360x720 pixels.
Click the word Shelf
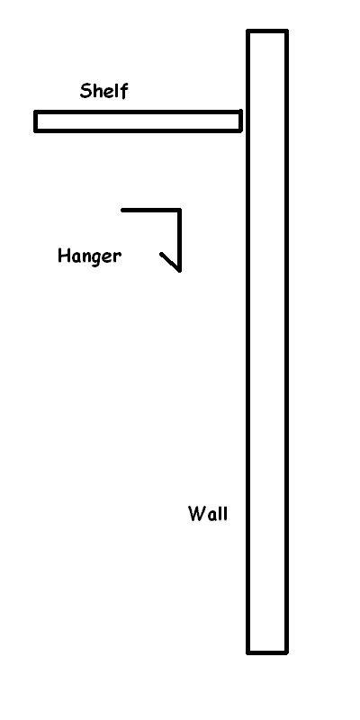pyautogui.click(x=103, y=91)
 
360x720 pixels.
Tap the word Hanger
pyautogui.click(x=89, y=256)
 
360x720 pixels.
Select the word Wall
pyautogui.click(x=208, y=513)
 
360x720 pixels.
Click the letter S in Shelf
pyautogui.click(x=85, y=91)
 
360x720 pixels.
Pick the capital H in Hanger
pyautogui.click(x=63, y=256)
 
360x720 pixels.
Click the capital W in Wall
pyautogui.click(x=196, y=513)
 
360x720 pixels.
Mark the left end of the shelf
pyautogui.click(x=35, y=121)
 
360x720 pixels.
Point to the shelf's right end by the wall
pyautogui.click(x=240, y=121)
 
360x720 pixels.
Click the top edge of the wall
pyautogui.click(x=267, y=31)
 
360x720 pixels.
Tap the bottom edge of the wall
pyautogui.click(x=267, y=652)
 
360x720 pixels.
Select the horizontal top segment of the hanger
pyautogui.click(x=151, y=211)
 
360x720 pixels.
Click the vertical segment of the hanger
pyautogui.click(x=179, y=240)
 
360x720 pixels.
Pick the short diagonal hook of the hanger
pyautogui.click(x=170, y=262)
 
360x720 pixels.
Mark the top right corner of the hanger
pyautogui.click(x=179, y=211)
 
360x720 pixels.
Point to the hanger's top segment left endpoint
pyautogui.click(x=122, y=211)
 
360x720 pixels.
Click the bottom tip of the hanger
pyautogui.click(x=179, y=271)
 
